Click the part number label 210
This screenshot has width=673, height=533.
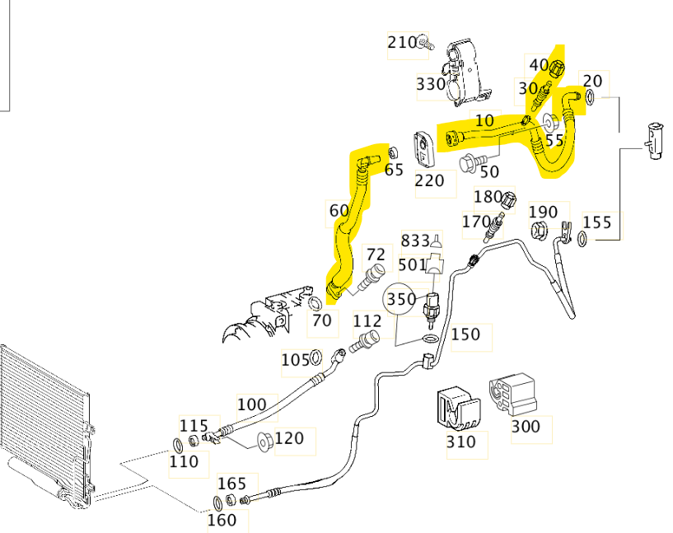pos(402,42)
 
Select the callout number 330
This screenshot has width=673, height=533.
pos(430,84)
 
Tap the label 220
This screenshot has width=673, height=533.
pos(429,180)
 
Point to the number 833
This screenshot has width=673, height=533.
pos(415,241)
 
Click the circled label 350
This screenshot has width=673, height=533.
pos(401,299)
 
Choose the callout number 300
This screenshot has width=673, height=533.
pos(526,426)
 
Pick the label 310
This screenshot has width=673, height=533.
pos(460,442)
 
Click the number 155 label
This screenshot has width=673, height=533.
pos(597,222)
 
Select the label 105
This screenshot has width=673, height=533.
pos(295,359)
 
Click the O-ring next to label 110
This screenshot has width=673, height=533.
pos(179,446)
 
